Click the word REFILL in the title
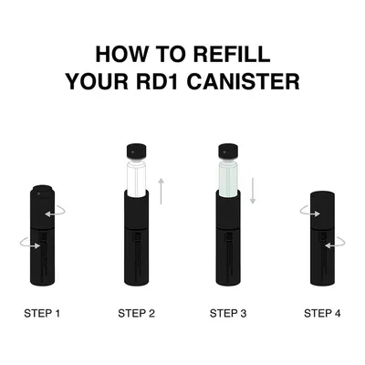232,54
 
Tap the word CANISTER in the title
243,81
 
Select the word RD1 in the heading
157,81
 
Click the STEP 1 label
42,313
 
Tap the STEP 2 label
136,313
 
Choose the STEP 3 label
228,313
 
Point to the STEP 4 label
322,313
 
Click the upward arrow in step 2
161,191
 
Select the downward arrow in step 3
253,191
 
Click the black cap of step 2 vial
136,152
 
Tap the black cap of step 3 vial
228,152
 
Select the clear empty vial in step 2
136,179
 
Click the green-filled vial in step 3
228,179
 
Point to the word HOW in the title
121,54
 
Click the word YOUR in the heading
97,81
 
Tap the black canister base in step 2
136,238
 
